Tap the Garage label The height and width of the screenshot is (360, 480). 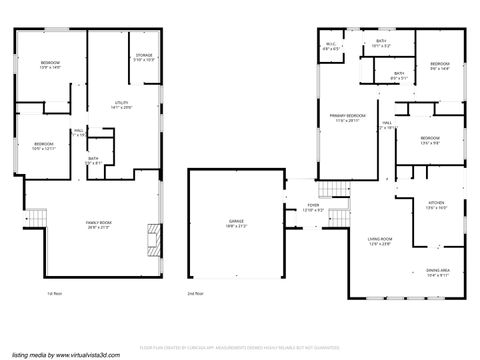(x=235, y=222)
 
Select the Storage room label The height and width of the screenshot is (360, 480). (x=144, y=57)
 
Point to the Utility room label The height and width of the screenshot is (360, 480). (x=122, y=104)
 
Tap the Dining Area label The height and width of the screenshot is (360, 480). (x=437, y=272)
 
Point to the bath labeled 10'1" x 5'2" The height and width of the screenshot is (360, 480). (x=381, y=44)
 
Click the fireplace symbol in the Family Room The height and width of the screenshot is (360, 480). (x=150, y=237)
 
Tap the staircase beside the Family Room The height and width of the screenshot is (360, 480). (x=36, y=217)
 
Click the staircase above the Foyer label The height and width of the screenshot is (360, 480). (x=327, y=190)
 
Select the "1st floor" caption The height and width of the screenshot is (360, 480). (x=55, y=294)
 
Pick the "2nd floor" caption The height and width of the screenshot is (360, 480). (x=195, y=294)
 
